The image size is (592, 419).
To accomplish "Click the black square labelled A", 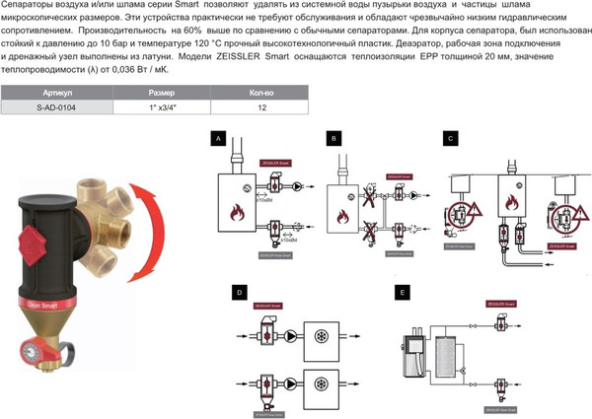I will coord(218,140).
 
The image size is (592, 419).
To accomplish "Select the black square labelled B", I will coord(334,140).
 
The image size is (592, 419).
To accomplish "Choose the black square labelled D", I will coord(238,293).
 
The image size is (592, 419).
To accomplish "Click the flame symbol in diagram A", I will coord(237,211).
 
